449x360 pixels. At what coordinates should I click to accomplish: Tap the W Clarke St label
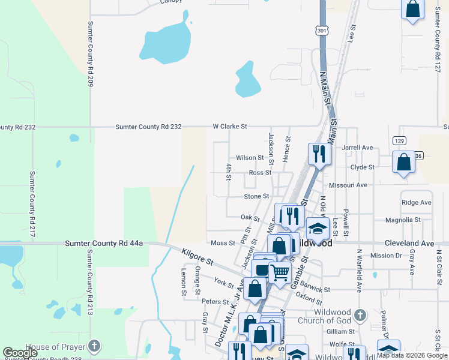coord(230,127)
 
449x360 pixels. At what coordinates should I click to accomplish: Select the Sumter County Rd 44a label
coord(104,243)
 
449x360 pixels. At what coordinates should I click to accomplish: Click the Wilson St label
coord(250,158)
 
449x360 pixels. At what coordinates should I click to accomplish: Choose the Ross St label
coord(261,172)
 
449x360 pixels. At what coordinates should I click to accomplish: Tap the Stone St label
coord(256,196)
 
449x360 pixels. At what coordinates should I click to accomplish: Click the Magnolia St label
coord(403,220)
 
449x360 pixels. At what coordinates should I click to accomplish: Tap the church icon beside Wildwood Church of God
coord(360,315)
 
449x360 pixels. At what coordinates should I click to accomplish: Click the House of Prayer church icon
coord(94,346)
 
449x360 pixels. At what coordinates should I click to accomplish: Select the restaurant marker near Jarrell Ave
coord(319,154)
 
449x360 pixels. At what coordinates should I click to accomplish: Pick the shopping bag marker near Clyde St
coord(404,161)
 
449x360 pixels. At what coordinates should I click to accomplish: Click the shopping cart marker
coord(279,272)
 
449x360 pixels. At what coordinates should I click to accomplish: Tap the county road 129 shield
coord(400,140)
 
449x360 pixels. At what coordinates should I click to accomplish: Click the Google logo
coord(20,353)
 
